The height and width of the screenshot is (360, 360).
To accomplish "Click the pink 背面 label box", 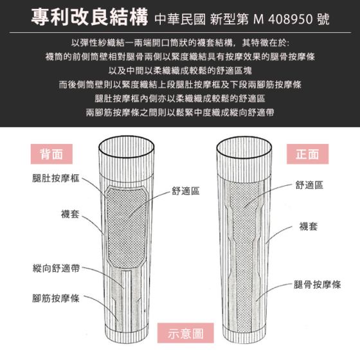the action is (x=51, y=154).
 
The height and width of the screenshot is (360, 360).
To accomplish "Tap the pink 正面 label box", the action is (x=307, y=154).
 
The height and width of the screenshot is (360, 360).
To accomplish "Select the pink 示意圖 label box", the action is (x=186, y=333).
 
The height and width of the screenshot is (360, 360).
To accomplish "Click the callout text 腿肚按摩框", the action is (x=56, y=178).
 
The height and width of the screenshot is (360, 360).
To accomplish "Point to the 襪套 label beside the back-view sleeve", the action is (x=70, y=214).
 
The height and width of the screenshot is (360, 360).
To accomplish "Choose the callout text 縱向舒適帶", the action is (x=57, y=268).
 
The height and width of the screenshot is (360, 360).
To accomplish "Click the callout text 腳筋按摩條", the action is (x=56, y=298).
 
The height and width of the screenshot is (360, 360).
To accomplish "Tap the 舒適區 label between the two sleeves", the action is (x=186, y=191).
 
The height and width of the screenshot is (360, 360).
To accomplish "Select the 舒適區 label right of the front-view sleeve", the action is (x=309, y=185).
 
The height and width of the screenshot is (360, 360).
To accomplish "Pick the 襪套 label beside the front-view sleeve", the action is (x=309, y=226).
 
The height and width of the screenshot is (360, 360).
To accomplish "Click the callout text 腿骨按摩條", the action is (x=318, y=285).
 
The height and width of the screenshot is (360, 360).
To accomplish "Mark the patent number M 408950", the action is (x=283, y=19).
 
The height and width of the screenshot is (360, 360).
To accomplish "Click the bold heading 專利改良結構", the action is (x=89, y=17).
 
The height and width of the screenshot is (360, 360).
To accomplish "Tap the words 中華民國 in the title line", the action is (x=180, y=19).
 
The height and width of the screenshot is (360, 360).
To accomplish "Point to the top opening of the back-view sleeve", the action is (x=126, y=147).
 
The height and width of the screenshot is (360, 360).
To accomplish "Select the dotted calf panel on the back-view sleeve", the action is (x=127, y=228).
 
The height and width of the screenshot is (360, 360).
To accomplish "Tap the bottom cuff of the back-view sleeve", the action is (x=127, y=336).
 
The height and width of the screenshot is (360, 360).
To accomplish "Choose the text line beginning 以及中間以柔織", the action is (x=180, y=71).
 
